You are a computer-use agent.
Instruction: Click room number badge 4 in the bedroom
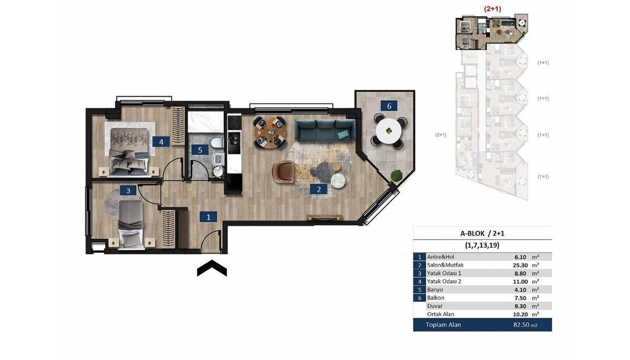(161, 142)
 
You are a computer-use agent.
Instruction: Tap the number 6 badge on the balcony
(389, 106)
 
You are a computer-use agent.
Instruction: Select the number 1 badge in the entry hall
(208, 217)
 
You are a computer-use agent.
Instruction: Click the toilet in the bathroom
(216, 143)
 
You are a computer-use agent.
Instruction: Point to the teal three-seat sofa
(325, 130)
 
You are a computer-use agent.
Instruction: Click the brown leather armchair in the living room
(283, 172)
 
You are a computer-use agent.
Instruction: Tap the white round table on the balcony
(388, 131)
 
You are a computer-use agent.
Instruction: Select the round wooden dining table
(269, 132)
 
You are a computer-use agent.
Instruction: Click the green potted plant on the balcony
(396, 176)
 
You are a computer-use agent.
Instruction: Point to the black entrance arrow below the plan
(212, 268)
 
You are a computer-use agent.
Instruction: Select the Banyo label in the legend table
(435, 290)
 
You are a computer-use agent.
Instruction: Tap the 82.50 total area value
(521, 325)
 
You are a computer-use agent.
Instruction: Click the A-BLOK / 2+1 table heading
(482, 233)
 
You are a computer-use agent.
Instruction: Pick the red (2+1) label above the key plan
(492, 9)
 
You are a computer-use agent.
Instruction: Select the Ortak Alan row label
(440, 314)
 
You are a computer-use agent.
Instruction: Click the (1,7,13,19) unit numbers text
(482, 246)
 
